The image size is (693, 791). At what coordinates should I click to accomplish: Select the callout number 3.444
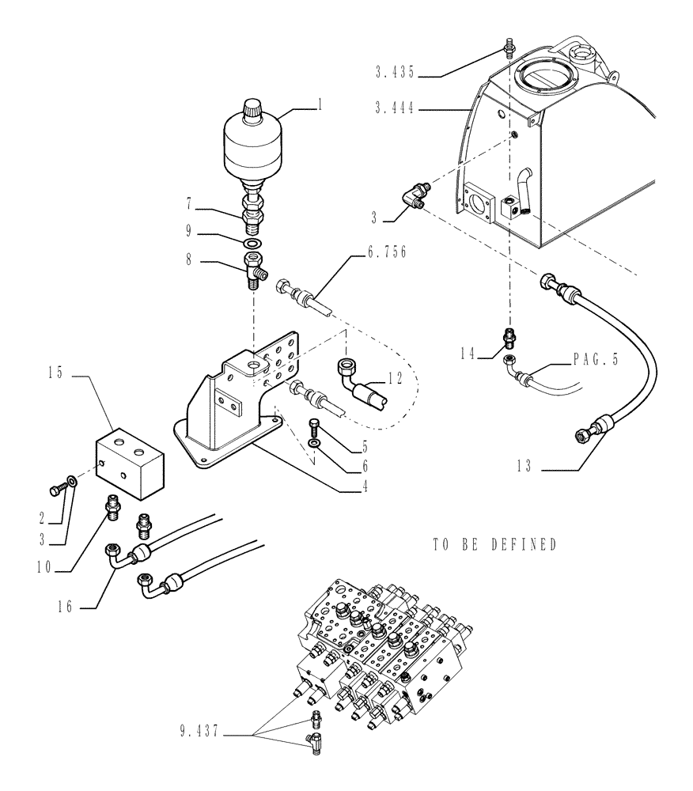[x=393, y=110]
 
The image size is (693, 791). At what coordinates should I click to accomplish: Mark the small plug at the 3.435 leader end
[x=506, y=52]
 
